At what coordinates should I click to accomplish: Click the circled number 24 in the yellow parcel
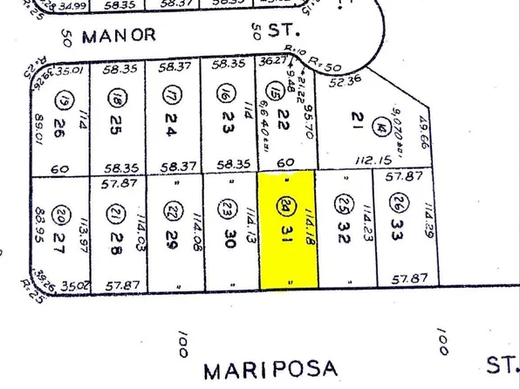tap(287, 208)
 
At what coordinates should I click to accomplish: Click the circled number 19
tap(60, 95)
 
